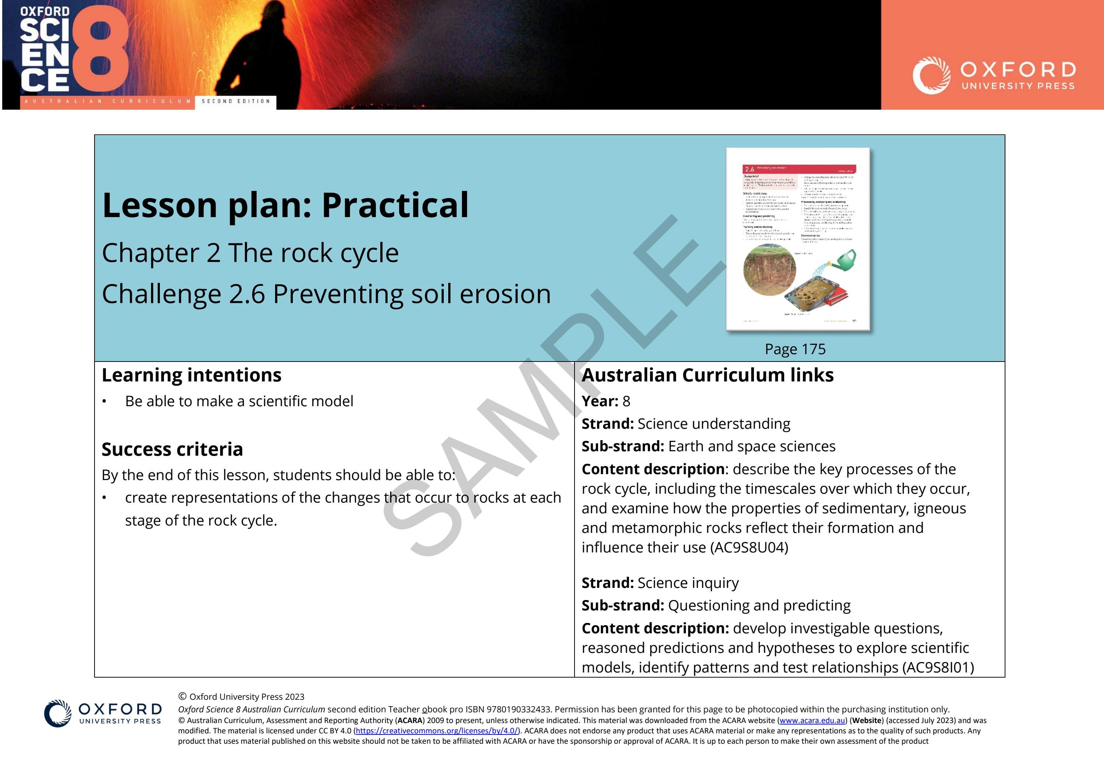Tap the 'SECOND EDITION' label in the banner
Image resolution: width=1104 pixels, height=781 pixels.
click(x=236, y=102)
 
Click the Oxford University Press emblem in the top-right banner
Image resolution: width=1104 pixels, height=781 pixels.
click(x=931, y=75)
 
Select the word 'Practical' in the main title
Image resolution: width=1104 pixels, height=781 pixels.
click(x=395, y=205)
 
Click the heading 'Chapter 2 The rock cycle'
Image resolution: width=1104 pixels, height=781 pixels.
click(x=250, y=253)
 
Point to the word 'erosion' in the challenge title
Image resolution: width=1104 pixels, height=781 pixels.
click(x=505, y=294)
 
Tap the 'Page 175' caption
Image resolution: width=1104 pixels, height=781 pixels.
click(x=795, y=349)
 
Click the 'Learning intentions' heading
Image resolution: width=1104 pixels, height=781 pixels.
click(x=191, y=375)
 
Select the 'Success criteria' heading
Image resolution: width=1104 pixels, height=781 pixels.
click(x=172, y=449)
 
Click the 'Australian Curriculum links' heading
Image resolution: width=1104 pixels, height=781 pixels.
click(x=707, y=375)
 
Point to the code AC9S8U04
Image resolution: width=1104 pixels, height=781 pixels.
click(x=749, y=548)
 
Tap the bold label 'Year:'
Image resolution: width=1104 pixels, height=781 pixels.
click(x=600, y=401)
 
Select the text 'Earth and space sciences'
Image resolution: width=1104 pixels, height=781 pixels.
click(x=751, y=446)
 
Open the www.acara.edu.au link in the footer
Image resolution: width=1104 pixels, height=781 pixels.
click(x=812, y=720)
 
